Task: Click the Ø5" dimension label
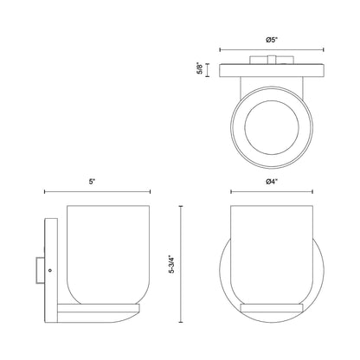tap(272, 40)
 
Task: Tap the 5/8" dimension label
tap(200, 69)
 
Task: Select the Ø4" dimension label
tap(272, 182)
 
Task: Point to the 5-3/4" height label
tap(171, 264)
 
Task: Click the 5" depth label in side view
tap(92, 182)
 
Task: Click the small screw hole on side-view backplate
tap(49, 270)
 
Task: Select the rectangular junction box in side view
tap(40, 270)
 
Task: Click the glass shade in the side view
tap(108, 254)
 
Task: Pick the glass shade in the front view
tap(272, 254)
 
